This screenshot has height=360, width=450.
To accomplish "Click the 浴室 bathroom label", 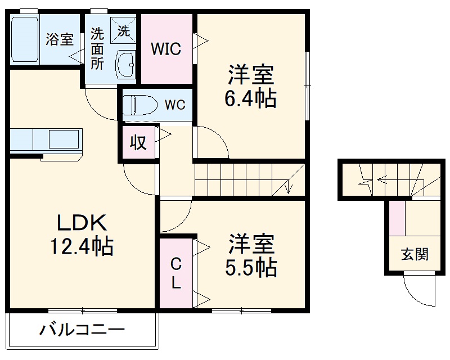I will click(x=60, y=40).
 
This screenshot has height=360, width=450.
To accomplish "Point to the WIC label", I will click(x=165, y=49).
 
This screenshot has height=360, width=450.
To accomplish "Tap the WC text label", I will click(x=174, y=105).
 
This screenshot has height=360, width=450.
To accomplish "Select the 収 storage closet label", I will click(x=138, y=143).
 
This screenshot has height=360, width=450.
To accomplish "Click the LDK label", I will click(x=82, y=223).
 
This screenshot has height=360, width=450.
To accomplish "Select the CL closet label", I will click(x=176, y=273).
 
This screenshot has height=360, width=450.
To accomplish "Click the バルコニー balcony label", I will click(x=82, y=330).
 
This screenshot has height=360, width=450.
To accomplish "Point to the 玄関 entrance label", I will click(x=415, y=254).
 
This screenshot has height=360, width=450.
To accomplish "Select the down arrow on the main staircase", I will click(x=288, y=186).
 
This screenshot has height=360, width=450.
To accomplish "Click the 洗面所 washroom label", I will click(x=98, y=48).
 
